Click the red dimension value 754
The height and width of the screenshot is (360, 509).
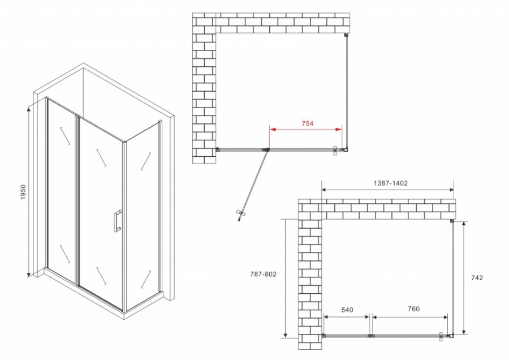307,123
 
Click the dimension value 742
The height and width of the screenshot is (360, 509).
478,277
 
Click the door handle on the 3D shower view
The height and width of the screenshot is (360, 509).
117,221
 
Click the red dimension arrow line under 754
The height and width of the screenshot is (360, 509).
305,130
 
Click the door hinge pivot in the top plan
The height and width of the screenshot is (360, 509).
267,149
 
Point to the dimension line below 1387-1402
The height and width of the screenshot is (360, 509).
388,190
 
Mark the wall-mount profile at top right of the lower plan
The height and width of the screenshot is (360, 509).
452,221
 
